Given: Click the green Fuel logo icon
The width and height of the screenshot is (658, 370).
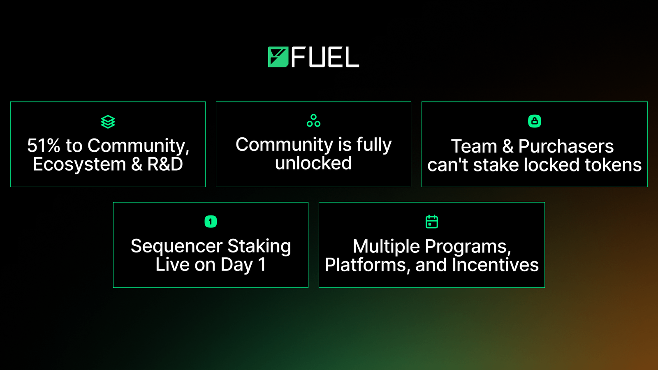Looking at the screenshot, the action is pyautogui.click(x=278, y=57).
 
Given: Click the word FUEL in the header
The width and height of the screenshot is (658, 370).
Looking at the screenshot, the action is pyautogui.click(x=325, y=57).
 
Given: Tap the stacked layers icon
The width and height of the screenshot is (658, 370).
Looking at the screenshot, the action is pyautogui.click(x=108, y=122).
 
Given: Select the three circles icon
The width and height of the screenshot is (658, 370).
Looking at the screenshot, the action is pyautogui.click(x=313, y=120).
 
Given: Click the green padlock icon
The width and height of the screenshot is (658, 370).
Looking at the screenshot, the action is pyautogui.click(x=534, y=121).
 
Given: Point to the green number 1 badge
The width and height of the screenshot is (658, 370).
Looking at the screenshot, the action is pyautogui.click(x=211, y=222).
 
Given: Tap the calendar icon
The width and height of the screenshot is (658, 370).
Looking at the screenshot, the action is pyautogui.click(x=431, y=222).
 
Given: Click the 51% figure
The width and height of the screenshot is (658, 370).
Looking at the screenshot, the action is pyautogui.click(x=44, y=146).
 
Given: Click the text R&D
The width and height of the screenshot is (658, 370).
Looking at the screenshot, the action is pyautogui.click(x=165, y=164).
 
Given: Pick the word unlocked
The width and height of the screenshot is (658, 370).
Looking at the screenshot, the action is pyautogui.click(x=313, y=163).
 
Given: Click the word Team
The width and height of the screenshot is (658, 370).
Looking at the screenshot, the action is pyautogui.click(x=474, y=146).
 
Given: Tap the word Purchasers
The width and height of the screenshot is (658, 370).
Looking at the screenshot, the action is pyautogui.click(x=566, y=146).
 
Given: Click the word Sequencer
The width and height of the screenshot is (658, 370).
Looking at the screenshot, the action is pyautogui.click(x=176, y=246).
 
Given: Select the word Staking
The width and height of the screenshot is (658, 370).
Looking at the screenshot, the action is pyautogui.click(x=259, y=246).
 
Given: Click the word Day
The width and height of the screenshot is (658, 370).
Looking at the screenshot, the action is pyautogui.click(x=237, y=265).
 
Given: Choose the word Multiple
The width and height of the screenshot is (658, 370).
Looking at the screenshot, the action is pyautogui.click(x=386, y=247).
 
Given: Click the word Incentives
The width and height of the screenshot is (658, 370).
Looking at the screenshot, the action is pyautogui.click(x=495, y=265).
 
